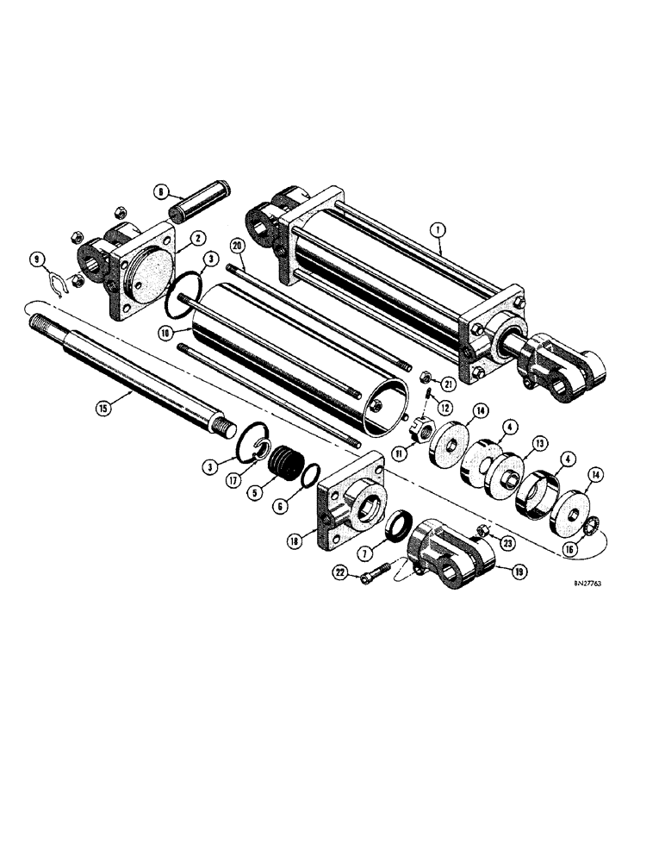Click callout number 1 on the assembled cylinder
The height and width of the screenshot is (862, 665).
[438, 229]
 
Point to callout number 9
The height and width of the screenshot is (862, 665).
[59, 257]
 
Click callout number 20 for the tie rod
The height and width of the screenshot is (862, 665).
[239, 247]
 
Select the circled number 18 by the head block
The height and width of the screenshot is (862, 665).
[295, 541]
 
